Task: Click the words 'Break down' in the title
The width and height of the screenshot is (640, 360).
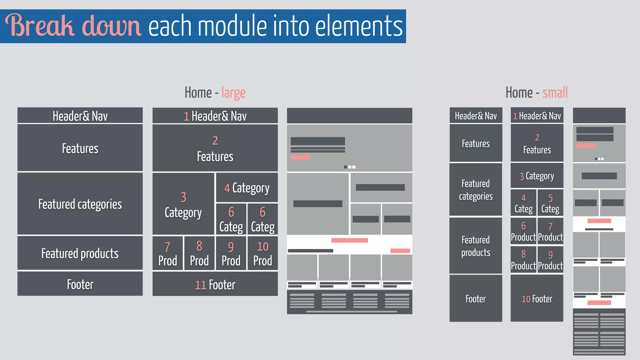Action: coord(73,26)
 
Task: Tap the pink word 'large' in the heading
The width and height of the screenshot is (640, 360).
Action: coord(233,93)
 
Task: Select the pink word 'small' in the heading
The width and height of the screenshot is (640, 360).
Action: coord(555,93)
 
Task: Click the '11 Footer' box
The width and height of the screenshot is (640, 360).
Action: coord(215,284)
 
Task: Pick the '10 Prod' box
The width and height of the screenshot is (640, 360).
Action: coord(262,253)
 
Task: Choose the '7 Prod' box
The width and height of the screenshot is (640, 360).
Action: coord(167,253)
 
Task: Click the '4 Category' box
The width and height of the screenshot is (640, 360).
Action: coord(247,187)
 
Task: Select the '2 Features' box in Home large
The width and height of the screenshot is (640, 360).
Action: coord(215,148)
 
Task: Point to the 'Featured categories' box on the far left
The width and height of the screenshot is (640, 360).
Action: coord(80,204)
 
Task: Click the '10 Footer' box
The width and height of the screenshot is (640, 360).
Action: coord(537,298)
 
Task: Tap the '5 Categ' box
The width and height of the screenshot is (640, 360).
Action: coord(550,203)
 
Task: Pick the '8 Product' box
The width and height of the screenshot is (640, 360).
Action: coord(523,260)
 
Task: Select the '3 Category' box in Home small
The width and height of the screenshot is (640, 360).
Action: coord(537,176)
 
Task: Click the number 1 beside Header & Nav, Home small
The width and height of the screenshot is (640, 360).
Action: coord(515,116)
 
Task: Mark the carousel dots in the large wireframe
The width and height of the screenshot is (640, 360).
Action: coord(349,167)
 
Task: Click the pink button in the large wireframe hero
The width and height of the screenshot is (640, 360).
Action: coord(300,157)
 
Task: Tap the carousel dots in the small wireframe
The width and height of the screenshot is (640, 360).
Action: coord(599,159)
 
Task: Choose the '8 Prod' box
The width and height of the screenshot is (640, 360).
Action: coord(199,253)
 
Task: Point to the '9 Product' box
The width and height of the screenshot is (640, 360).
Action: coord(550,260)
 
